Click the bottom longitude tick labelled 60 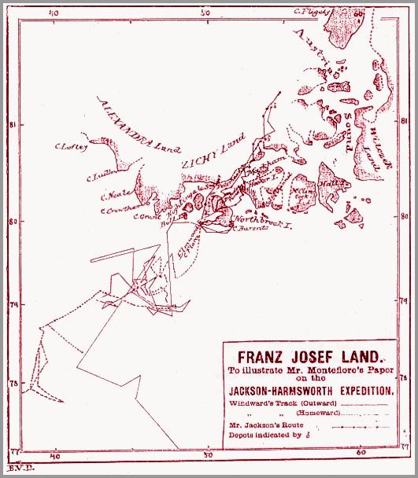pos(361,454)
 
